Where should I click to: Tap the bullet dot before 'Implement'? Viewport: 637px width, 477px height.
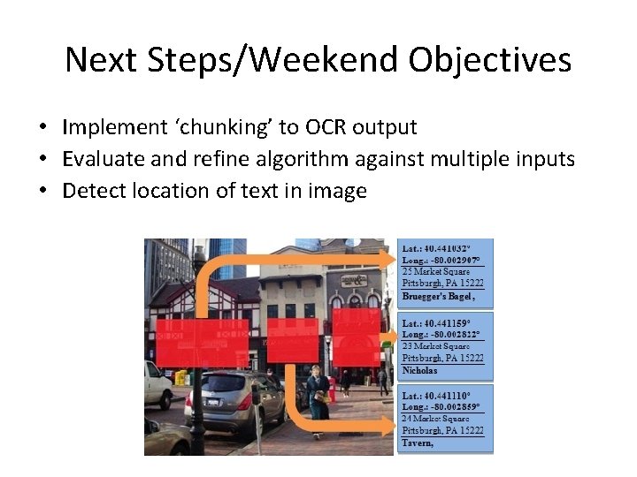[x=43, y=128]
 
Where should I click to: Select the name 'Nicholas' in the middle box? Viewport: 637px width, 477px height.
[x=420, y=370]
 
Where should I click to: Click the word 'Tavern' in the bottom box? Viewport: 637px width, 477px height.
[x=417, y=443]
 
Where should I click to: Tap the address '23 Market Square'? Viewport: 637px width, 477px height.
[x=435, y=271]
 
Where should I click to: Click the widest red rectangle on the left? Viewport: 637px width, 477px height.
[x=202, y=343]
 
